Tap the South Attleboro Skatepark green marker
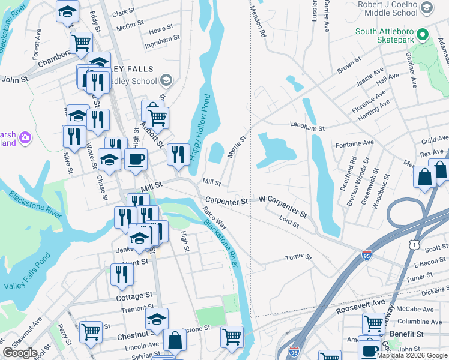423,35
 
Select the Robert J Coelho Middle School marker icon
427,8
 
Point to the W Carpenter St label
283,207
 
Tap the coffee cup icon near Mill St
136,160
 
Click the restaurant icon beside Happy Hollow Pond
178,154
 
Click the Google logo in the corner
20,352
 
